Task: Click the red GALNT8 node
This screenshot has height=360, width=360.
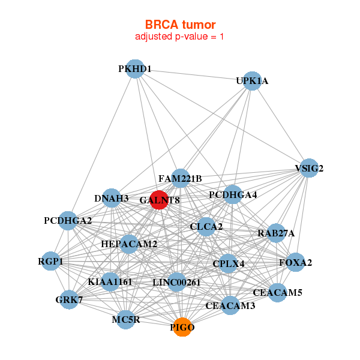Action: (x=159, y=199)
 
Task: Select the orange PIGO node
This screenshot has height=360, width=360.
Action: (x=182, y=328)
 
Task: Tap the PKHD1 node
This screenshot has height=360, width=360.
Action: (x=135, y=69)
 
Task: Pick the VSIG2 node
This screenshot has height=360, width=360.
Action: (x=309, y=169)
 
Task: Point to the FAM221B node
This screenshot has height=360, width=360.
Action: (x=180, y=179)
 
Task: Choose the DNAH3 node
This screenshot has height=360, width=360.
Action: (x=112, y=198)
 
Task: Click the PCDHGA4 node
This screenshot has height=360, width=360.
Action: (x=233, y=195)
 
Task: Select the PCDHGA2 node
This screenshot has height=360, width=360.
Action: (x=68, y=221)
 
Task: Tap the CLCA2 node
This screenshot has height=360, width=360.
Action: (x=206, y=227)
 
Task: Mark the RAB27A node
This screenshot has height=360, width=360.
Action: (x=276, y=233)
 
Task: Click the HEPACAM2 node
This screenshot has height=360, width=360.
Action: (x=129, y=244)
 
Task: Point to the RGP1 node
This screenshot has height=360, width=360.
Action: (x=51, y=262)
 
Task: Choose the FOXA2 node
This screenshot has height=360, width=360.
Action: (x=295, y=262)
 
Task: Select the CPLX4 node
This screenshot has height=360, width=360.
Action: (x=229, y=263)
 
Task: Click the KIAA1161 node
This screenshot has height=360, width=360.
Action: (x=110, y=281)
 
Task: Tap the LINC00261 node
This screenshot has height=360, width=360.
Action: (x=176, y=282)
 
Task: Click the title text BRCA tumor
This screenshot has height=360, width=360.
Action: (x=180, y=25)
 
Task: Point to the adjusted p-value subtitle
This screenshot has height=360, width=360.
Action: (x=180, y=37)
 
